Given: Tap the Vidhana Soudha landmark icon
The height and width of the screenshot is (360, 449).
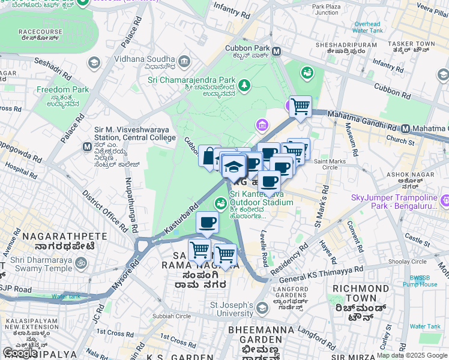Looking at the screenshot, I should click(184, 61).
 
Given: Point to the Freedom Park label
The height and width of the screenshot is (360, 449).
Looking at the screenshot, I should click(62, 90).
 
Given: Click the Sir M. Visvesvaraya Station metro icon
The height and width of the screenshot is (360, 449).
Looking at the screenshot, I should click(87, 146).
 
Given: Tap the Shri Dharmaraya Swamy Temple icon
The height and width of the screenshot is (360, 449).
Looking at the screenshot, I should click(79, 262).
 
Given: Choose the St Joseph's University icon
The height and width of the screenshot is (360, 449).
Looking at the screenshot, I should click(262, 308).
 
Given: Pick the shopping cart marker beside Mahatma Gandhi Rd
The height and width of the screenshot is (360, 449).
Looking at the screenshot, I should click(300, 107).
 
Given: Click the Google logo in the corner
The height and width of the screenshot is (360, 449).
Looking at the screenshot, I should click(20, 353).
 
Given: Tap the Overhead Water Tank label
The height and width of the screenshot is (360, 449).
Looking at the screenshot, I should click(368, 26).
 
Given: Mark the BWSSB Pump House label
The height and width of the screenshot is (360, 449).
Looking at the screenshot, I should click(423, 281).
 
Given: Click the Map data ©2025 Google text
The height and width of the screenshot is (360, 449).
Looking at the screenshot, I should click(412, 355).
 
